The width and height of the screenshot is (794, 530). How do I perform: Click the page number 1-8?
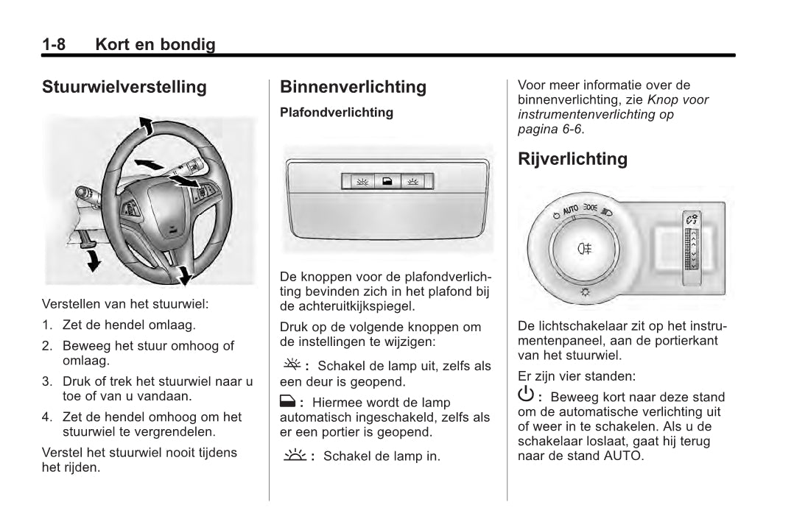(54, 45)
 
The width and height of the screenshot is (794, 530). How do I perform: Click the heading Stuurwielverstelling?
(124, 87)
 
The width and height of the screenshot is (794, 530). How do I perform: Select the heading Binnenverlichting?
(353, 87)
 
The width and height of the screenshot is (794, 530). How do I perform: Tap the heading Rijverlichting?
(572, 159)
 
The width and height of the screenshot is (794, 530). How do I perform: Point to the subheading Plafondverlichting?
(337, 113)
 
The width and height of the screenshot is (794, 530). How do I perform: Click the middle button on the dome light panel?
(387, 181)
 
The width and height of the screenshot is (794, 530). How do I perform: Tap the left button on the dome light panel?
(362, 181)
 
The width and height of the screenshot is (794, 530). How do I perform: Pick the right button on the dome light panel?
(413, 181)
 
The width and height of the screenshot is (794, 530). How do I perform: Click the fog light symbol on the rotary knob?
(586, 248)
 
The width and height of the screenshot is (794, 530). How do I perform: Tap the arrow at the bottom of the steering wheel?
(183, 275)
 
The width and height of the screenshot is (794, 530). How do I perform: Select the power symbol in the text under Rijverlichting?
(526, 395)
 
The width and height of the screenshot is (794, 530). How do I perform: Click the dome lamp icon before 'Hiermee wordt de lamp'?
(287, 402)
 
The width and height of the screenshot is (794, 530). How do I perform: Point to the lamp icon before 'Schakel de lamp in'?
(294, 455)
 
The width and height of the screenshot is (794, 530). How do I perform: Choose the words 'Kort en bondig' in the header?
(155, 45)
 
